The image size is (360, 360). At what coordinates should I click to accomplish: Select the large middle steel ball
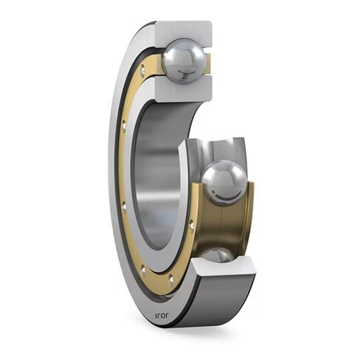point(224,181)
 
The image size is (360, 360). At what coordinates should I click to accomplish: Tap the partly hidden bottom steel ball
point(216,255)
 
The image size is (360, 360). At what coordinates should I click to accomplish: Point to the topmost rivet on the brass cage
point(142,72)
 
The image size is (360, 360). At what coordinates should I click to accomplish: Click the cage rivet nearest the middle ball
point(192,223)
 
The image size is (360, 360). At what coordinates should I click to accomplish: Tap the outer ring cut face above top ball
point(184,30)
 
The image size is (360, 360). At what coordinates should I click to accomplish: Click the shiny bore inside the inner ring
point(159,177)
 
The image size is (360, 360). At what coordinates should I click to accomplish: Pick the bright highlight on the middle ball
point(217,174)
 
